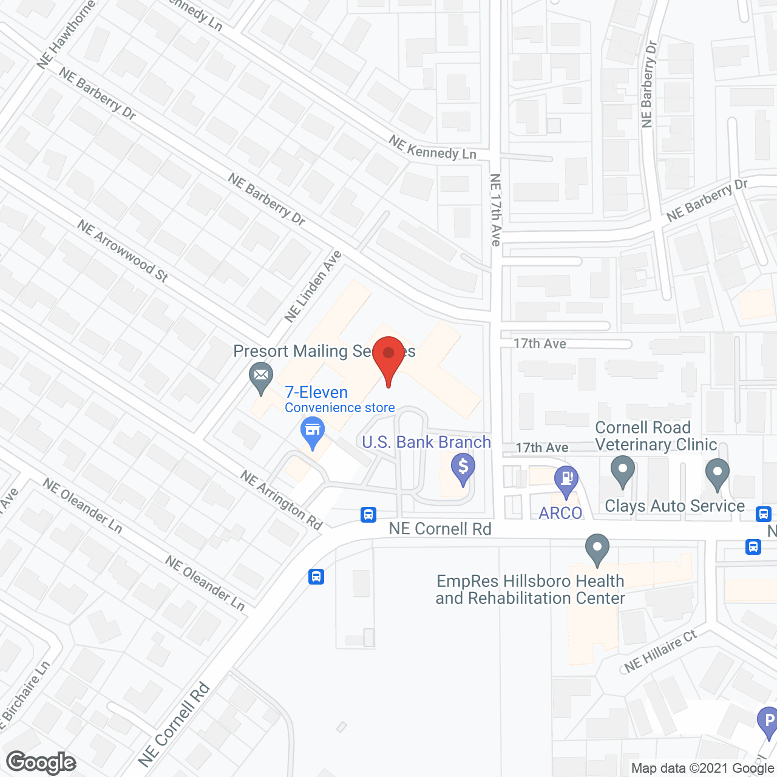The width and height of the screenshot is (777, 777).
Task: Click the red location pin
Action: coord(388,355)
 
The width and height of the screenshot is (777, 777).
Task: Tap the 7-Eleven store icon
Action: coord(313,432)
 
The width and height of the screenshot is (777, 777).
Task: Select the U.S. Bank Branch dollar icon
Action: coord(463,468)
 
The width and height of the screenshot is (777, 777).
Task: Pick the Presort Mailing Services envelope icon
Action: coord(261,375)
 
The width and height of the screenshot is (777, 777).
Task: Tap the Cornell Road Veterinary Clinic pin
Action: coord(622,470)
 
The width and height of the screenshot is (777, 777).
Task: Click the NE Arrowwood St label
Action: coord(123,251)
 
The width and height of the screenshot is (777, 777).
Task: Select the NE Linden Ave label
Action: coord(313,287)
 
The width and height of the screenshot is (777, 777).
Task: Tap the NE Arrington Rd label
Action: coord(282,499)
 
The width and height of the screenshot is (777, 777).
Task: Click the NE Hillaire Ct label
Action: coord(660,651)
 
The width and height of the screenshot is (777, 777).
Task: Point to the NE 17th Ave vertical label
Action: coord(495,210)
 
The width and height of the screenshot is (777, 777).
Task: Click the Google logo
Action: coord(41,762)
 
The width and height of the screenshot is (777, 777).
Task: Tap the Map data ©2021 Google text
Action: coord(702,769)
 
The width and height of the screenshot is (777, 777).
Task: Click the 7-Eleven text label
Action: coord(316,392)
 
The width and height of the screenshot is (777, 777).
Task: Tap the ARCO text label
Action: coord(560,513)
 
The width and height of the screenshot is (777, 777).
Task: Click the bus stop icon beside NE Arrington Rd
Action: coord(368,514)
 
